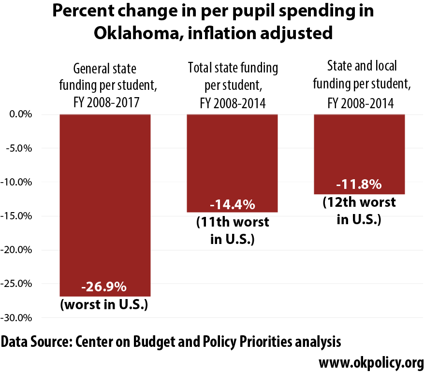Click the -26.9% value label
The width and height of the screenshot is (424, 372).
(x=104, y=286)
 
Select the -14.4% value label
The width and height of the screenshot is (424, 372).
(x=233, y=204)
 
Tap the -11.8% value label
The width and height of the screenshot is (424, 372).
(x=359, y=185)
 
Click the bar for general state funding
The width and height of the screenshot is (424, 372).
(x=105, y=205)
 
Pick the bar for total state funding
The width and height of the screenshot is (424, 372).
(x=232, y=163)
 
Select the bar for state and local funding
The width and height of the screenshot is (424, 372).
(x=359, y=154)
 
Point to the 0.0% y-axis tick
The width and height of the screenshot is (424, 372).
(x=21, y=114)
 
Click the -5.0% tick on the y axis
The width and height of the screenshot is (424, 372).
(x=19, y=148)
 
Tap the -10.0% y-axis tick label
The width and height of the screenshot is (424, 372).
(x=16, y=182)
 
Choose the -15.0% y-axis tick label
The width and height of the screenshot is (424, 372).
(x=16, y=216)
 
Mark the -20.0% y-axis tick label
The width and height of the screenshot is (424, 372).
(x=16, y=250)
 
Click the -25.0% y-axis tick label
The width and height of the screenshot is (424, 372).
(x=16, y=284)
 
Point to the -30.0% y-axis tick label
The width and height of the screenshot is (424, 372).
(x=16, y=318)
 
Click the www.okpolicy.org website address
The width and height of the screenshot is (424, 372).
(x=371, y=362)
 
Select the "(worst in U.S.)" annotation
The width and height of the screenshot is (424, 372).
(x=104, y=304)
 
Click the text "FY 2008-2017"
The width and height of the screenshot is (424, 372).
(x=106, y=102)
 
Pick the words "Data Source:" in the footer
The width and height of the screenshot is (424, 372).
(x=37, y=342)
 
